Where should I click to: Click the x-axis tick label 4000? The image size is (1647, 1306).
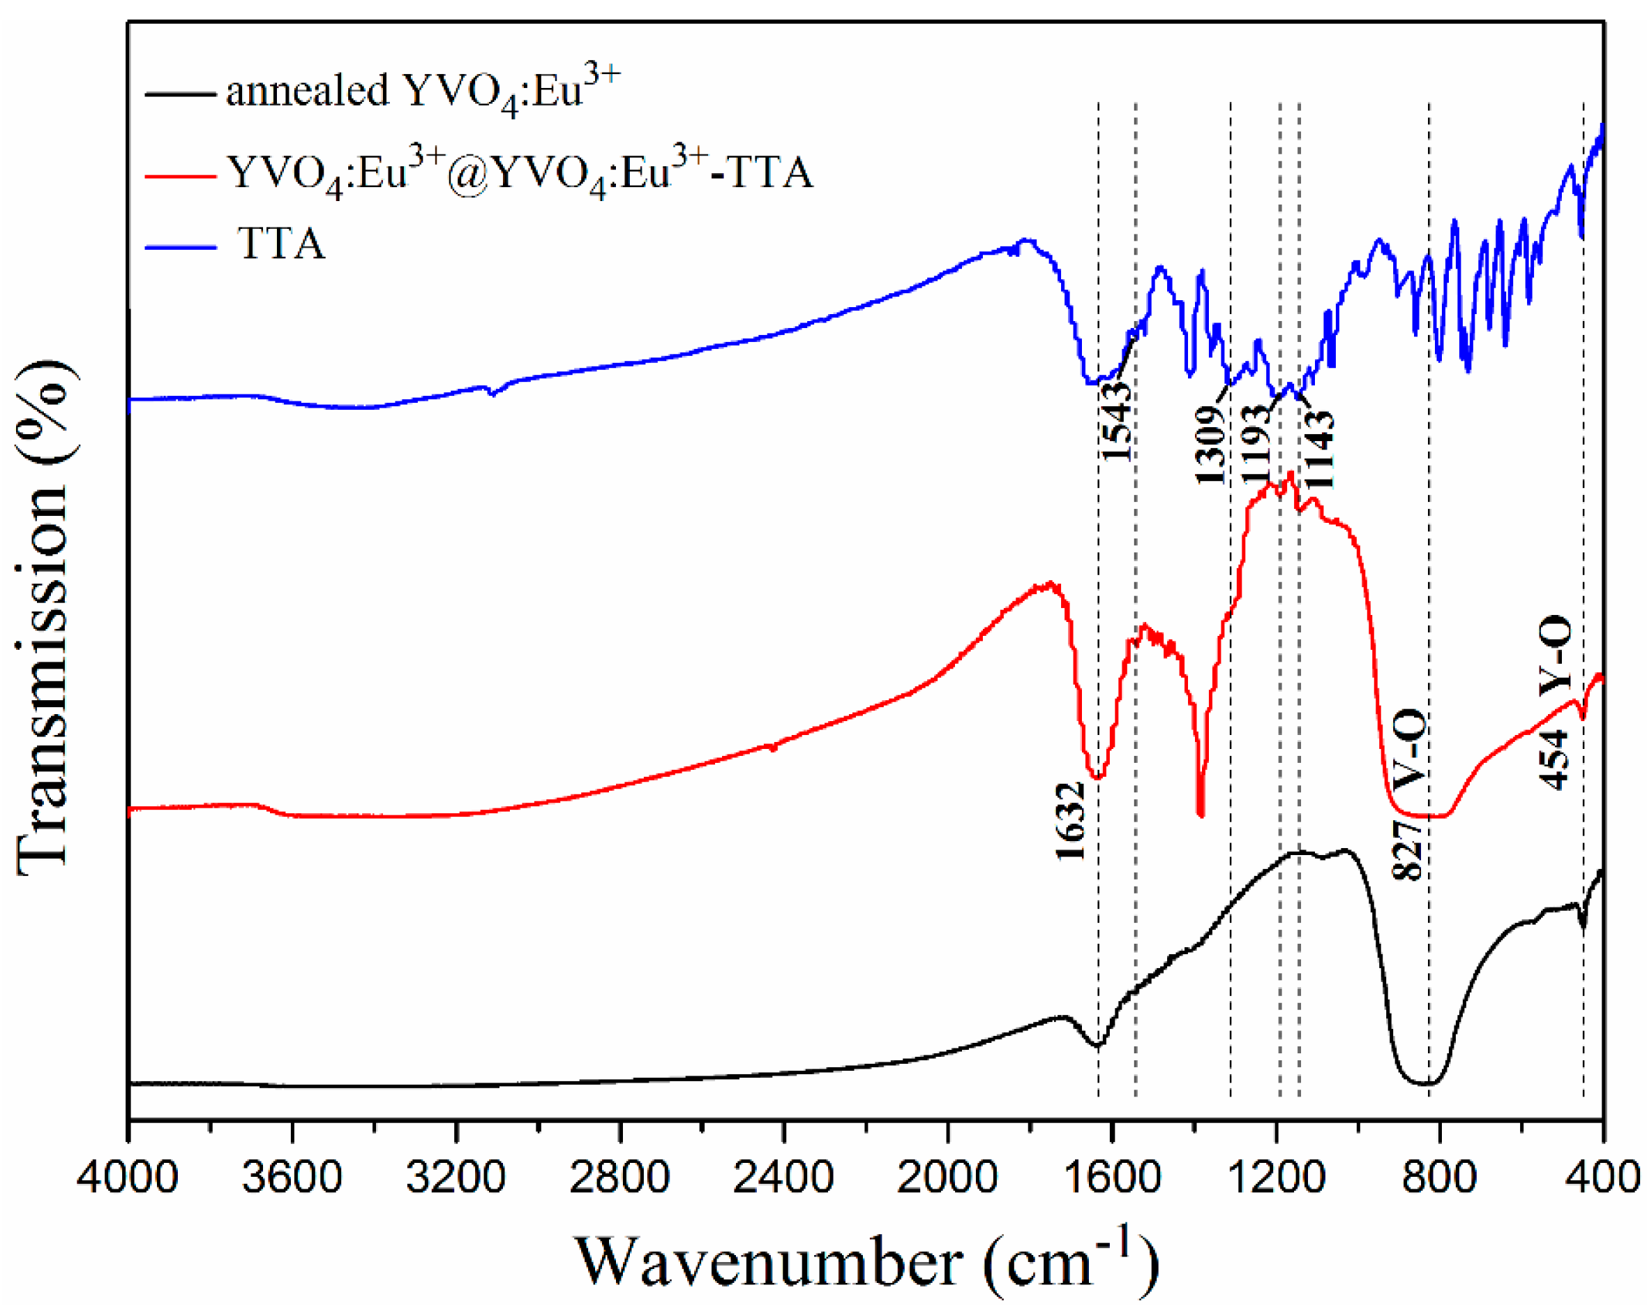click(128, 1178)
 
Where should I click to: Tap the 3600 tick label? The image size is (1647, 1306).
click(292, 1178)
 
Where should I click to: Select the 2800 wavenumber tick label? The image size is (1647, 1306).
click(619, 1178)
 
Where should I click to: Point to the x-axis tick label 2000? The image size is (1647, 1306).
click(947, 1178)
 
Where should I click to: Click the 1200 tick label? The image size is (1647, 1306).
click(1275, 1178)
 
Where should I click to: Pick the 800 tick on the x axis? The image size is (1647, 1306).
click(1439, 1178)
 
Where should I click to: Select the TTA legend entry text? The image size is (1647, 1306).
click(281, 244)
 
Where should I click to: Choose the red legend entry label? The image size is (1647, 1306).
click(520, 172)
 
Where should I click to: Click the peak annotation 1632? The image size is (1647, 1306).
click(1070, 820)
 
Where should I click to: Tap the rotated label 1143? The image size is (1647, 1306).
click(1318, 450)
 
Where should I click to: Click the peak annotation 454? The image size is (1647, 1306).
click(1554, 759)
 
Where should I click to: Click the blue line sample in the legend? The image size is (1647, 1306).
click(180, 246)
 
